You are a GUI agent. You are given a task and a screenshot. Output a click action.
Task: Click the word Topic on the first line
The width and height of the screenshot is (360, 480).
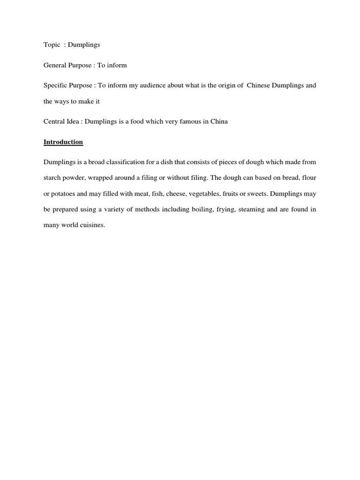pos(52,45)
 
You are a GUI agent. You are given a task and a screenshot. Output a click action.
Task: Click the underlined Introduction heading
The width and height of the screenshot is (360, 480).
pos(63,142)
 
